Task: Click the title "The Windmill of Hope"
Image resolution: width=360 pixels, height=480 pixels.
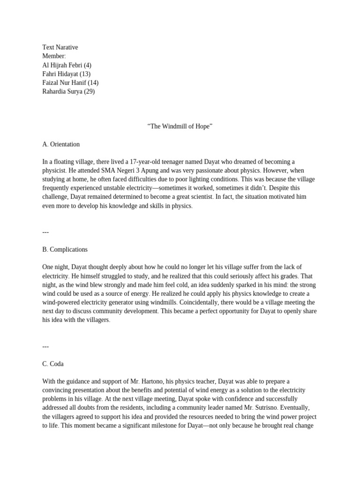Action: tap(180, 127)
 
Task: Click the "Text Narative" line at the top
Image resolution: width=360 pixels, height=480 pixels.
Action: tap(60, 47)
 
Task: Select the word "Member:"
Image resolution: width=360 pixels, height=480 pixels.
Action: tap(54, 56)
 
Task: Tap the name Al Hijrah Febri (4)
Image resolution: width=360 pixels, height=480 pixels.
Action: tap(67, 65)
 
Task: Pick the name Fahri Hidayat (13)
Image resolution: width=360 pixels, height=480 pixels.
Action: tap(66, 74)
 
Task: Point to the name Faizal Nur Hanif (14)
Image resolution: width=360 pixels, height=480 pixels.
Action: tap(70, 83)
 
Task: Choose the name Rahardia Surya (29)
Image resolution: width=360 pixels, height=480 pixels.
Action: tap(68, 92)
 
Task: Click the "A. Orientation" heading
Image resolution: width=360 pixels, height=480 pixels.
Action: tap(61, 144)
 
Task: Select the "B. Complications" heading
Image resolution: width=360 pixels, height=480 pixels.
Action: tap(65, 249)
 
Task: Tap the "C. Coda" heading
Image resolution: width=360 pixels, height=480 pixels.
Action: tap(53, 364)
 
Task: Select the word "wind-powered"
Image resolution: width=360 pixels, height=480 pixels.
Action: tap(61, 302)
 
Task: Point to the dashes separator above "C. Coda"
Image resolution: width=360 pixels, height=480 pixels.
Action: tap(45, 346)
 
